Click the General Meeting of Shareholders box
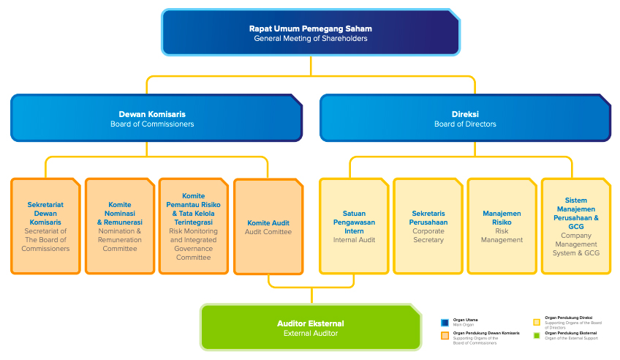click(x=311, y=33)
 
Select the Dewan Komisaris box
click(x=156, y=118)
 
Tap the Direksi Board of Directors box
click(x=465, y=118)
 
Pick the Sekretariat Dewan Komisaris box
click(x=45, y=226)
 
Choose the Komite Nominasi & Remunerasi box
click(x=120, y=226)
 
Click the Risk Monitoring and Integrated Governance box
click(x=194, y=226)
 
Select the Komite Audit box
click(x=268, y=226)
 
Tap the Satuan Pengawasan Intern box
click(x=354, y=226)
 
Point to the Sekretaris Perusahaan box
click(x=428, y=226)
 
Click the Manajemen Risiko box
click(x=502, y=226)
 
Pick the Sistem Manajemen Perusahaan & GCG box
click(x=576, y=226)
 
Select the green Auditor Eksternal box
click(x=311, y=328)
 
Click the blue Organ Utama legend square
click(x=445, y=323)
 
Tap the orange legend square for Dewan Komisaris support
click(x=445, y=336)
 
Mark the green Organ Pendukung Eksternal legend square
click(x=537, y=336)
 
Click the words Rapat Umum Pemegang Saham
click(x=311, y=29)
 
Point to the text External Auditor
click(x=311, y=334)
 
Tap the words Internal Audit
click(x=354, y=240)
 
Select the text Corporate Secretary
click(x=428, y=235)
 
